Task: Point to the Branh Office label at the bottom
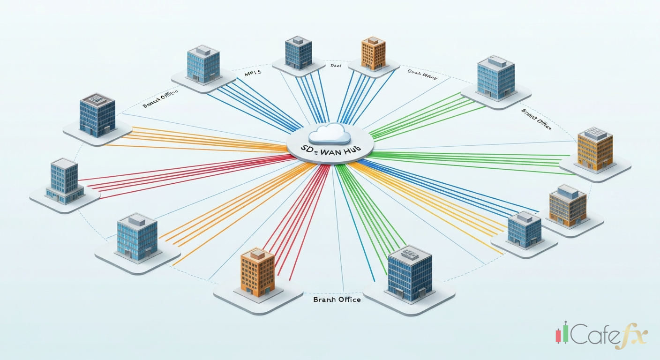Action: (337, 300)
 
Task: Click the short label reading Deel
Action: (336, 67)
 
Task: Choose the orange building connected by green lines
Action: (595, 150)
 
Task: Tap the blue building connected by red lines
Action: (64, 180)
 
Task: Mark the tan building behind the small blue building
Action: (568, 205)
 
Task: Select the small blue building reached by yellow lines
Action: (524, 230)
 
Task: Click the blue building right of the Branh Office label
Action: (410, 274)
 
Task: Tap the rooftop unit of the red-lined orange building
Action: (257, 254)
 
